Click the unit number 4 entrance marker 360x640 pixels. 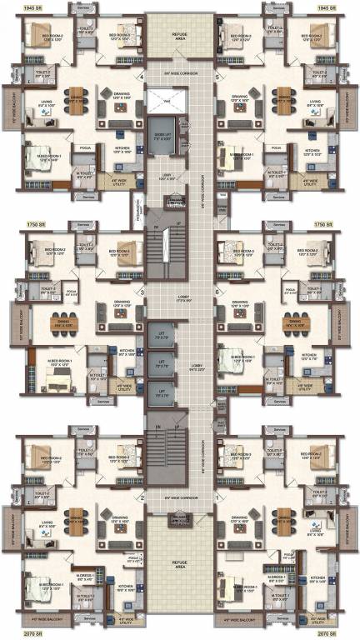click(142, 78)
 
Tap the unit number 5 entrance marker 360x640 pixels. click(216, 78)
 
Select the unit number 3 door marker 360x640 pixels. click(142, 292)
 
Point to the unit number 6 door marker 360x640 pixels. click(216, 292)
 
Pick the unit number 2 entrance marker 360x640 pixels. click(142, 498)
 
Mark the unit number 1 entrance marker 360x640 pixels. click(216, 498)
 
